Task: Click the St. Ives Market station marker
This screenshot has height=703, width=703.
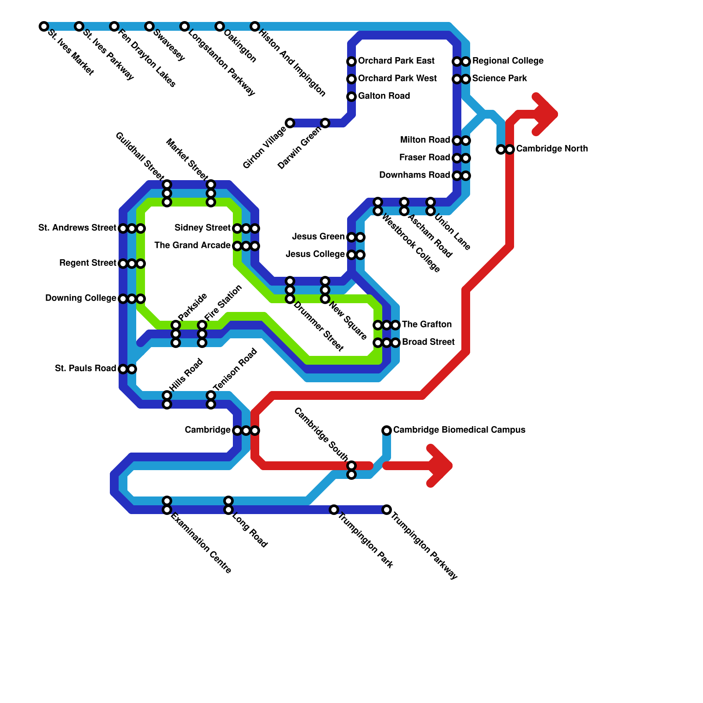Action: (43, 26)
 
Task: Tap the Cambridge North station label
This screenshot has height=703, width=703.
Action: (551, 149)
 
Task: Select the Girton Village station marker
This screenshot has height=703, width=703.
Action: (290, 123)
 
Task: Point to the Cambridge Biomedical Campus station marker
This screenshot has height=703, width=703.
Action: (387, 430)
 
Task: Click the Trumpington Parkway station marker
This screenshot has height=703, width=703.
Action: (387, 510)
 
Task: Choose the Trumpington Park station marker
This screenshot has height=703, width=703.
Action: (334, 510)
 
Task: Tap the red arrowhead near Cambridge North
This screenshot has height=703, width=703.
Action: (547, 115)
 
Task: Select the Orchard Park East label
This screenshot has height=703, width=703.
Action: (396, 61)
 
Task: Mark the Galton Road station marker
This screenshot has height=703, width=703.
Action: (351, 97)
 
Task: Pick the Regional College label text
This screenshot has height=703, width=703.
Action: (507, 61)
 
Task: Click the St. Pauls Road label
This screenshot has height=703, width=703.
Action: (85, 368)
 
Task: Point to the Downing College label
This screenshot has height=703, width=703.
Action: (80, 298)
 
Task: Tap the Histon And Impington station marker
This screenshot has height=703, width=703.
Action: (255, 26)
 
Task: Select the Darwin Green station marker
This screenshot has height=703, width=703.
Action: (325, 123)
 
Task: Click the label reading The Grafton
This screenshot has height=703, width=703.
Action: (426, 324)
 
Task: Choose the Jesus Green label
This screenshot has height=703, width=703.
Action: (318, 237)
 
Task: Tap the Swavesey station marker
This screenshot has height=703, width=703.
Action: (149, 26)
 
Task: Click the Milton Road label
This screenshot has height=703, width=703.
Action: (425, 140)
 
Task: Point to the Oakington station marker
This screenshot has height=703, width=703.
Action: (220, 26)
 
